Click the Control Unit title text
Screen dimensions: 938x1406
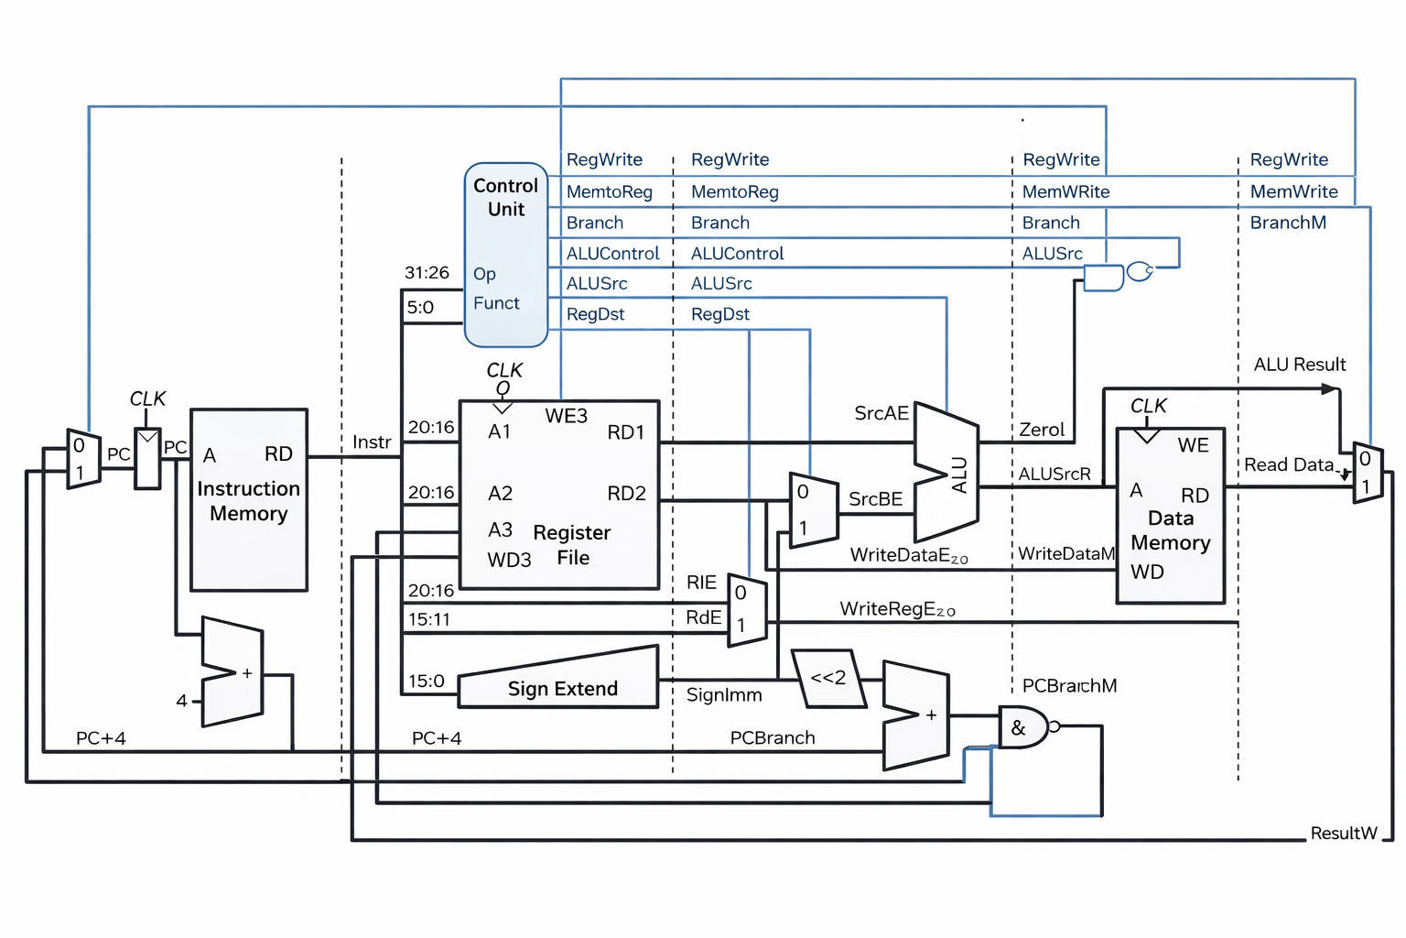coord(505,197)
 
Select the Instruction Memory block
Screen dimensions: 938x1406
coord(248,500)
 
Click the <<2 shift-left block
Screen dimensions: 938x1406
coord(828,679)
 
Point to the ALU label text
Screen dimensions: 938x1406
coord(959,475)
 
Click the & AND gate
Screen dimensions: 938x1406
coord(1022,728)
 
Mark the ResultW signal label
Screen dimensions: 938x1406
coord(1343,834)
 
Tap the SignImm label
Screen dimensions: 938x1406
coord(724,695)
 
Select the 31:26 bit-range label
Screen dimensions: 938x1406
coord(427,273)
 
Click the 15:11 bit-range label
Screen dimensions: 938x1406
coord(428,620)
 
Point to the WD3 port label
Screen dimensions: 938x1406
coord(509,560)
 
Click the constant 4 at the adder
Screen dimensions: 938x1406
coord(181,701)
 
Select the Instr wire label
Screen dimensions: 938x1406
coord(372,442)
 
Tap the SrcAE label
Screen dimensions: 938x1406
coord(881,413)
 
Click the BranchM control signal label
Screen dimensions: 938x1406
coord(1287,223)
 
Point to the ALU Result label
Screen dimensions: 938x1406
coord(1299,365)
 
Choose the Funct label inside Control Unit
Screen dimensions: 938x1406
coord(496,303)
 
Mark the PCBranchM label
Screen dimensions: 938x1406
coord(1069,686)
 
